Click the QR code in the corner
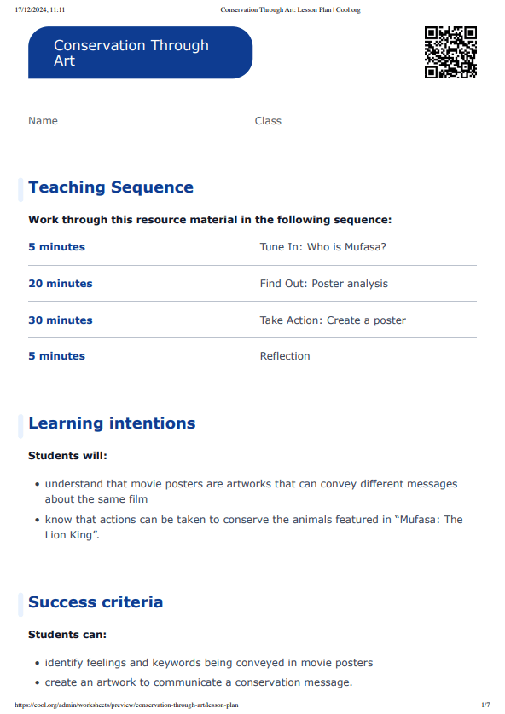(x=450, y=53)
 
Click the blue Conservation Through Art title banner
(x=140, y=53)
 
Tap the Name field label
(x=43, y=121)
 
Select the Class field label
(x=268, y=121)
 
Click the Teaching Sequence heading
(x=111, y=187)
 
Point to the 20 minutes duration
(x=61, y=284)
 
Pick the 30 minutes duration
(x=61, y=320)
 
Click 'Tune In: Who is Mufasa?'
(x=323, y=247)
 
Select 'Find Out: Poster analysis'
(x=323, y=284)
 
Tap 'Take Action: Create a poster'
(x=333, y=320)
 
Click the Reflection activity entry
(x=285, y=356)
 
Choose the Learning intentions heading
(x=112, y=423)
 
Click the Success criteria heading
(x=96, y=602)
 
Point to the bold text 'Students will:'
(x=67, y=456)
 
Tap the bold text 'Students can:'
(x=67, y=635)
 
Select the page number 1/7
(x=485, y=705)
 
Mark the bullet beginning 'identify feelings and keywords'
(x=208, y=663)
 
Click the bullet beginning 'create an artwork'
(x=198, y=682)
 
